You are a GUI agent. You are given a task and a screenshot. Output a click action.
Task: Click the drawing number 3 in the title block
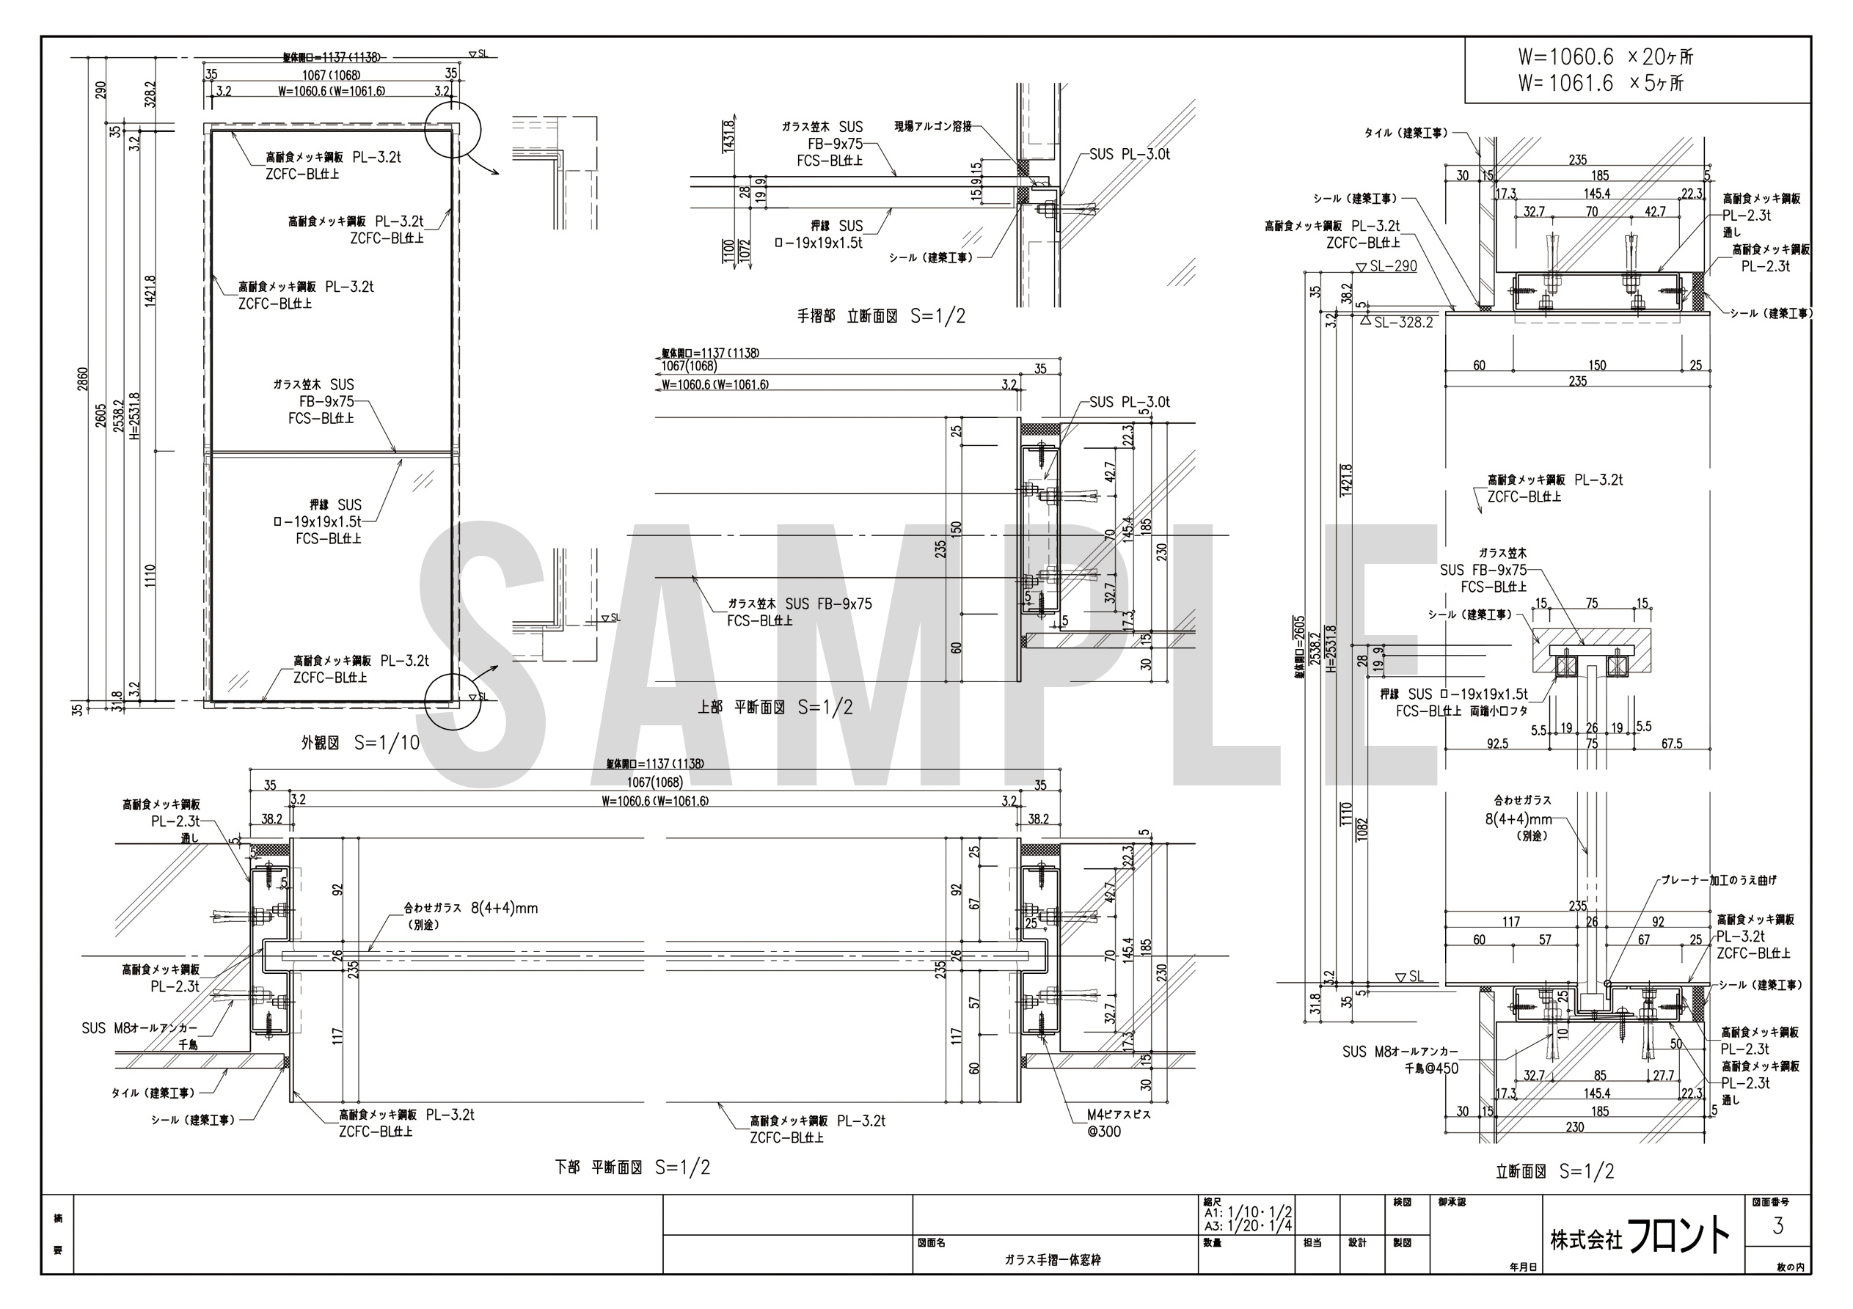click(1777, 1226)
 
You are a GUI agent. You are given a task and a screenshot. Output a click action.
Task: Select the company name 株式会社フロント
click(1641, 1236)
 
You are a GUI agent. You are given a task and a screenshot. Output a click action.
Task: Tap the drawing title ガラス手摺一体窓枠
click(1053, 1260)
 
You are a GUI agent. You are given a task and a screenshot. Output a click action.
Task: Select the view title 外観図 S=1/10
click(360, 742)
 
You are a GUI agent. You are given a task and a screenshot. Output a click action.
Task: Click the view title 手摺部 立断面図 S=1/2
click(880, 316)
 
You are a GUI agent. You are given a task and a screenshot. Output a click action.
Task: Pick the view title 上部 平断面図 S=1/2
click(775, 708)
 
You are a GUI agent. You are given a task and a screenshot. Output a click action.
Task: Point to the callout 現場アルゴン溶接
click(932, 128)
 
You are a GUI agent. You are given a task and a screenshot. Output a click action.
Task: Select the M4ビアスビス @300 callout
click(1118, 1123)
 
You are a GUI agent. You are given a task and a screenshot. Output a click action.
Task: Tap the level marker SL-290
click(1392, 267)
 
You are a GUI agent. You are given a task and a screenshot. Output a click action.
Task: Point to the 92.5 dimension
click(1497, 744)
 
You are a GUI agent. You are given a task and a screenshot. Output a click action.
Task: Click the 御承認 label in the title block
click(1451, 1202)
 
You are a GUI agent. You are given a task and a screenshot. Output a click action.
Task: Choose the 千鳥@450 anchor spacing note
click(1432, 1068)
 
